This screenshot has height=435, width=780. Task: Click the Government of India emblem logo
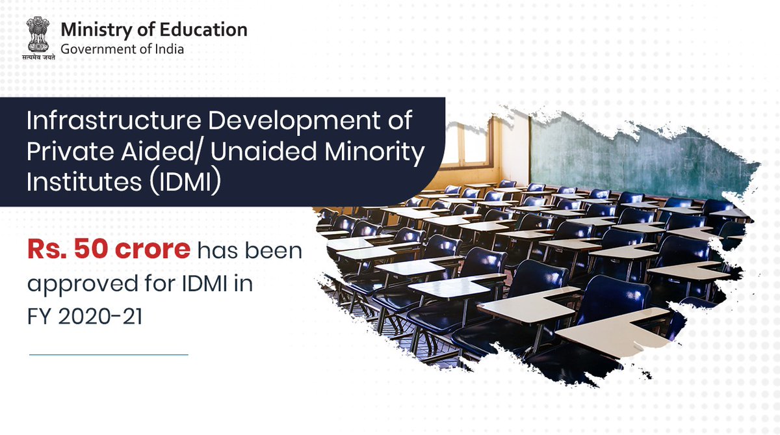point(40,34)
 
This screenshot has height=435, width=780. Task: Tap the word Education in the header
point(209,30)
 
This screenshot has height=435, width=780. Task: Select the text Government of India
point(122,49)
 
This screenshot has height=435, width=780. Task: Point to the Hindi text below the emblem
point(40,58)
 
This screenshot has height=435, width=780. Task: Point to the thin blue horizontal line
point(109,355)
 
